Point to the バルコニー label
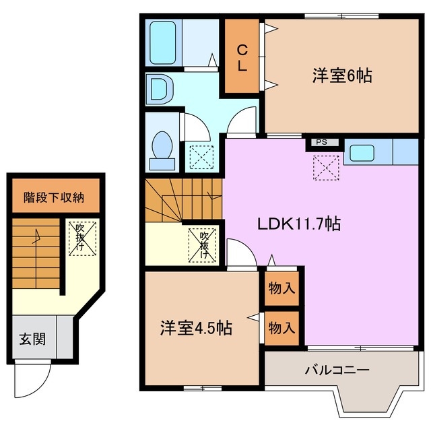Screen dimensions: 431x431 tap(337, 370)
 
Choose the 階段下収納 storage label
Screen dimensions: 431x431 tap(54, 197)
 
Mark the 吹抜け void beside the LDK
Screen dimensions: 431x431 tap(203, 244)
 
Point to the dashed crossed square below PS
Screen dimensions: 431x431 tap(327, 166)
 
